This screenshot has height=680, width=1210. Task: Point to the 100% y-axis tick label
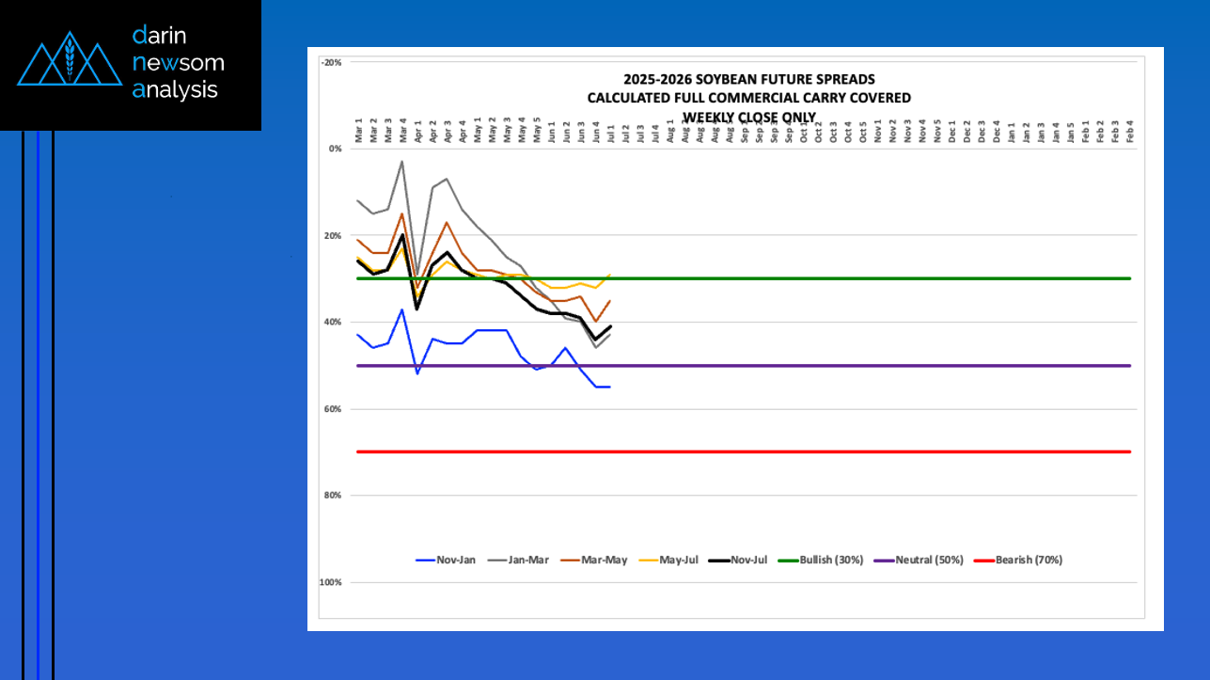(330, 583)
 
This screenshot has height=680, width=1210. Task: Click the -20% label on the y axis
(331, 62)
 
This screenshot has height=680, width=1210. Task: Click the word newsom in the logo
(179, 63)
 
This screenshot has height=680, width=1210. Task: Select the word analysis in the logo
(175, 90)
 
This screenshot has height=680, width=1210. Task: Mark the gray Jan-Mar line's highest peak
(402, 161)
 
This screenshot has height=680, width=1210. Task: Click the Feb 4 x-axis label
(1129, 130)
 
